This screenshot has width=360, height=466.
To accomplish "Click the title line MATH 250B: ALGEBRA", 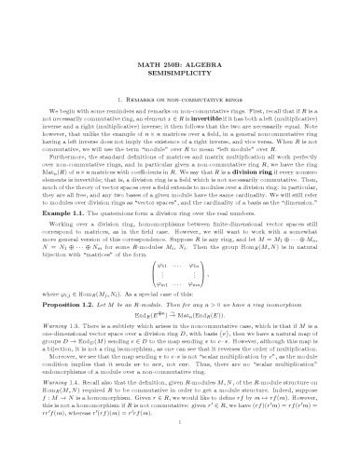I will (180, 62).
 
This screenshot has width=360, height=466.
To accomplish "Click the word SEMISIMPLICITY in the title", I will (180, 74).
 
